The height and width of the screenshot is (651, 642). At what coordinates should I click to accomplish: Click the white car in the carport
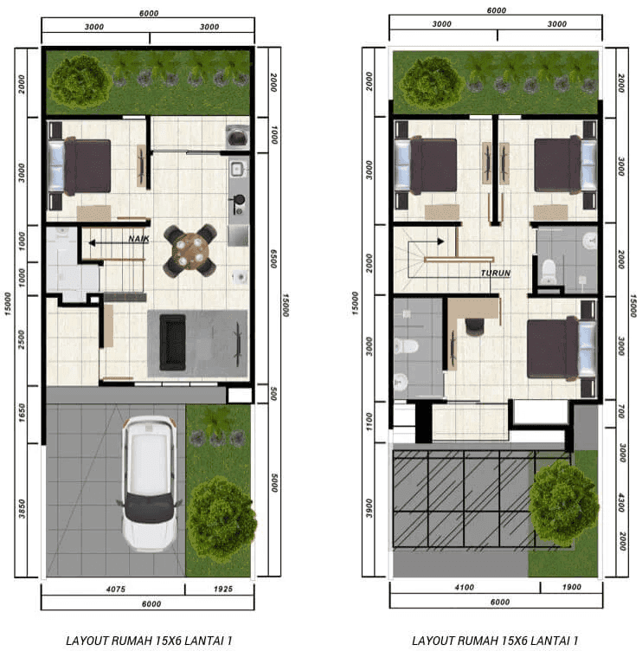click(x=149, y=484)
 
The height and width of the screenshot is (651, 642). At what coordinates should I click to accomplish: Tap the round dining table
click(x=190, y=250)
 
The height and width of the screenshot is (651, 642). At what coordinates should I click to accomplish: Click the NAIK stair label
click(x=138, y=239)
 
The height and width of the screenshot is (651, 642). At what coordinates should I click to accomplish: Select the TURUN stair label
click(x=496, y=273)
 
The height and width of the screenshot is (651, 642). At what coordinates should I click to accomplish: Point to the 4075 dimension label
click(x=115, y=589)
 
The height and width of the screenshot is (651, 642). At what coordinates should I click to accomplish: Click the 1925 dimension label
click(x=223, y=589)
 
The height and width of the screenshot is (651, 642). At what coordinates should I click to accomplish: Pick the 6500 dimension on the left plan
click(x=273, y=259)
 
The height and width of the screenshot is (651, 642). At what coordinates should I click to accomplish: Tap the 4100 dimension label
click(x=464, y=587)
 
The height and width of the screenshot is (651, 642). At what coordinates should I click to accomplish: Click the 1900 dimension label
click(x=571, y=587)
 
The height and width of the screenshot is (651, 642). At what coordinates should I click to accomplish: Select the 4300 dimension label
click(x=621, y=503)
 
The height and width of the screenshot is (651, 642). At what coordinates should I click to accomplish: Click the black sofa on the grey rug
click(x=172, y=343)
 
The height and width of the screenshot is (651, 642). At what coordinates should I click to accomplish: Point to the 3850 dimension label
click(x=22, y=509)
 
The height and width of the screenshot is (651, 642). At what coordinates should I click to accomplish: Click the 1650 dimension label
click(x=22, y=413)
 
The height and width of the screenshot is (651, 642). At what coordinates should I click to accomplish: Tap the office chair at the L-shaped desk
click(x=474, y=325)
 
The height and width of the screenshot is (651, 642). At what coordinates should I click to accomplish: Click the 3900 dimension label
click(x=369, y=508)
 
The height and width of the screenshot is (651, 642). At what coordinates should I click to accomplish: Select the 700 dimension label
click(x=621, y=412)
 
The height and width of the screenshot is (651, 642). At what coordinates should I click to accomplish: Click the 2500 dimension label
click(x=22, y=339)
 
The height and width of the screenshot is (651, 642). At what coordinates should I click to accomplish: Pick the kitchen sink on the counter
click(x=236, y=169)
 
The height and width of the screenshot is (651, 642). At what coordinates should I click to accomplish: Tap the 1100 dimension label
click(x=369, y=422)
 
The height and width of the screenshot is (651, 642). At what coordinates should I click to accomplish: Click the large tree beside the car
click(x=221, y=519)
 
